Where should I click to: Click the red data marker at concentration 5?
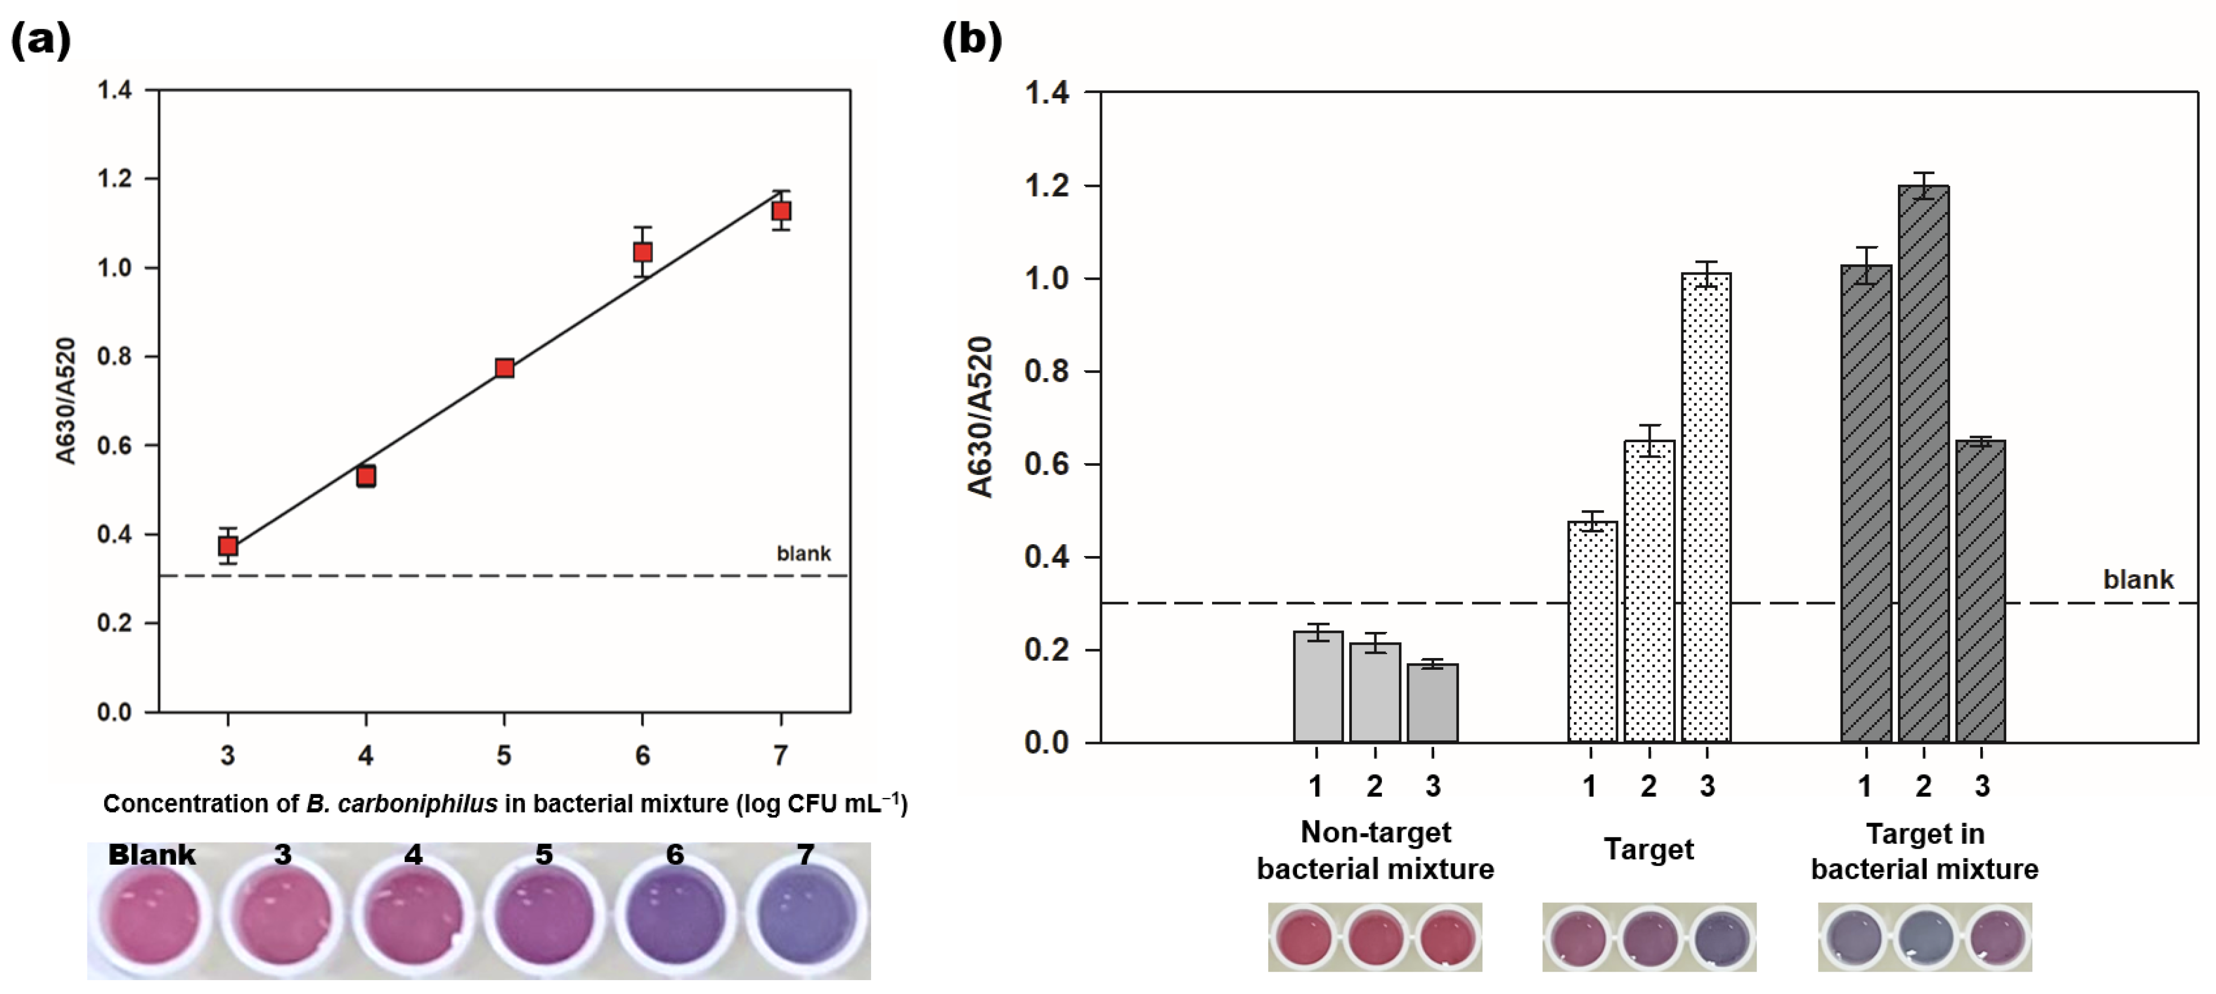coord(505,369)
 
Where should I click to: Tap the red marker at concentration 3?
coord(228,546)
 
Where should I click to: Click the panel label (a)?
coord(41,40)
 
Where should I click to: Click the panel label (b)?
coord(972,40)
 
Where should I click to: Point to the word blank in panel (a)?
coord(803,553)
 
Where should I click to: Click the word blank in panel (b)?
coord(2138,579)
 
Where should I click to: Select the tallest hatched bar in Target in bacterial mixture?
coord(1924,465)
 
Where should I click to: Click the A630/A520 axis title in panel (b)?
coord(980,417)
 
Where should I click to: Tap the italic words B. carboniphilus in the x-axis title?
coord(402,804)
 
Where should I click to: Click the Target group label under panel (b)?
coord(1648,849)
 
